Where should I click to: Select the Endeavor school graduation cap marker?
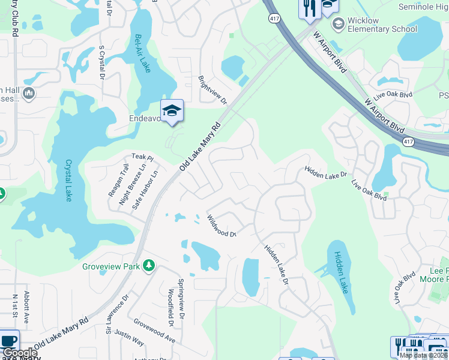172,110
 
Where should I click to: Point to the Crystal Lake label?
68,180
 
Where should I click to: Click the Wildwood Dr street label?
221,226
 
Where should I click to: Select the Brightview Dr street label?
213,90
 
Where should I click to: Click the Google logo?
19,353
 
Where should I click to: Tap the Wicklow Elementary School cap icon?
337,23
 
